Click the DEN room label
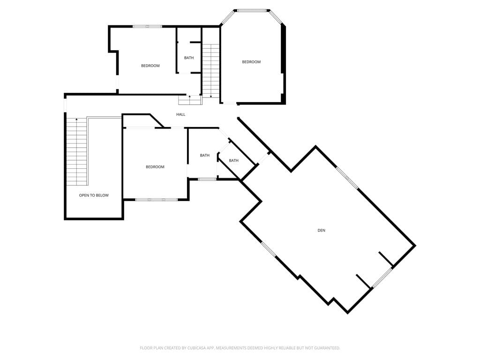point(321,231)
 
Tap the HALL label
point(180,114)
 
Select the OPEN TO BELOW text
point(94,195)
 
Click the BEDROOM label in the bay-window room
point(251,62)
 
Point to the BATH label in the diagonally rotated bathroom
point(233,160)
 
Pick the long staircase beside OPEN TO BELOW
point(77,151)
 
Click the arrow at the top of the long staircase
point(76,120)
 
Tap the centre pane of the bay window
point(252,11)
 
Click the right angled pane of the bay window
point(275,17)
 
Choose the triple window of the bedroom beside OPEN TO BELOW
point(156,200)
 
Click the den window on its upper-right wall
point(347,178)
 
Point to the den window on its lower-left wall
point(269,249)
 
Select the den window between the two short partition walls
point(382,277)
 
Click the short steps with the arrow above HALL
point(190,100)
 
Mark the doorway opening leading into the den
point(263,158)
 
